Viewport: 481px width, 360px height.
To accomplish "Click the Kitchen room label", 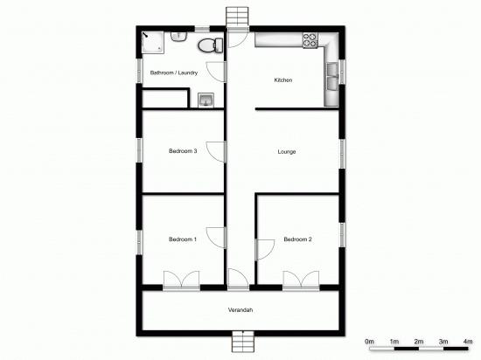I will click(x=282, y=80).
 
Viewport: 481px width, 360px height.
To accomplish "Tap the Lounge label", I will click(x=286, y=152).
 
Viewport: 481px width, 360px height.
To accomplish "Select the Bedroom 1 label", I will click(x=183, y=239).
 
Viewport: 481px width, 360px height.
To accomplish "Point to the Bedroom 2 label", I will click(x=297, y=239).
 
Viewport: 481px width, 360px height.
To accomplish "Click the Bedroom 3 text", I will click(x=183, y=151).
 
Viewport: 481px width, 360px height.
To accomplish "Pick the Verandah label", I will click(x=240, y=310).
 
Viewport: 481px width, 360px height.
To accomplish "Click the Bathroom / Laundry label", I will click(x=174, y=73).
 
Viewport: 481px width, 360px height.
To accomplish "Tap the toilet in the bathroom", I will click(x=207, y=45).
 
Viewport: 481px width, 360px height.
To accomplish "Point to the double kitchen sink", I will click(x=332, y=81).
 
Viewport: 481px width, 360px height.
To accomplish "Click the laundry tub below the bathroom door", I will click(x=206, y=100).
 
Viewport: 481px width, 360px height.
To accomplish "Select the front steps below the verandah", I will click(x=240, y=343).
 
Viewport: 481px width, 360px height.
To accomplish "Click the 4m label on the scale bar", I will click(x=468, y=340).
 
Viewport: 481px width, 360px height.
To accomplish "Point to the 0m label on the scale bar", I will click(x=369, y=340).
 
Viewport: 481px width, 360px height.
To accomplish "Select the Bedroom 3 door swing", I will click(x=212, y=150).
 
